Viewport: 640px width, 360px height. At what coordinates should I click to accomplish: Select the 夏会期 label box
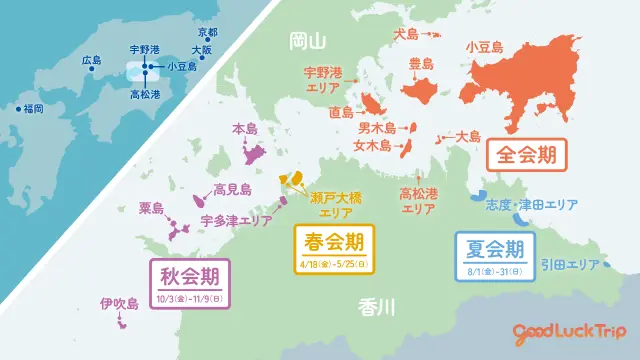[495, 254]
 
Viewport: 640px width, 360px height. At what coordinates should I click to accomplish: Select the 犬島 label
[407, 34]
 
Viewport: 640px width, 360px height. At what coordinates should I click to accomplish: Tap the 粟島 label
[151, 208]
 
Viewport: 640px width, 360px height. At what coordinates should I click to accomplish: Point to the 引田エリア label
[569, 265]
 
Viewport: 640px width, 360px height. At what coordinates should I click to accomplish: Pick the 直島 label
[341, 113]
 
